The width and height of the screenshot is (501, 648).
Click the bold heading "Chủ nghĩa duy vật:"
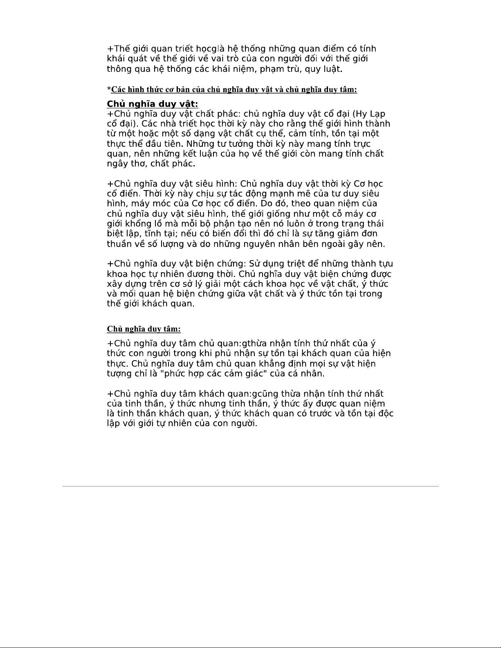[x=152, y=104]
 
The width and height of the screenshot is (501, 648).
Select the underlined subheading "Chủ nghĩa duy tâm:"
[x=144, y=329]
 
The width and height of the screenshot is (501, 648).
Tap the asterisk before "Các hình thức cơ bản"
[x=109, y=89]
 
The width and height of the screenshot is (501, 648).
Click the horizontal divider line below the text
[x=250, y=486]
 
